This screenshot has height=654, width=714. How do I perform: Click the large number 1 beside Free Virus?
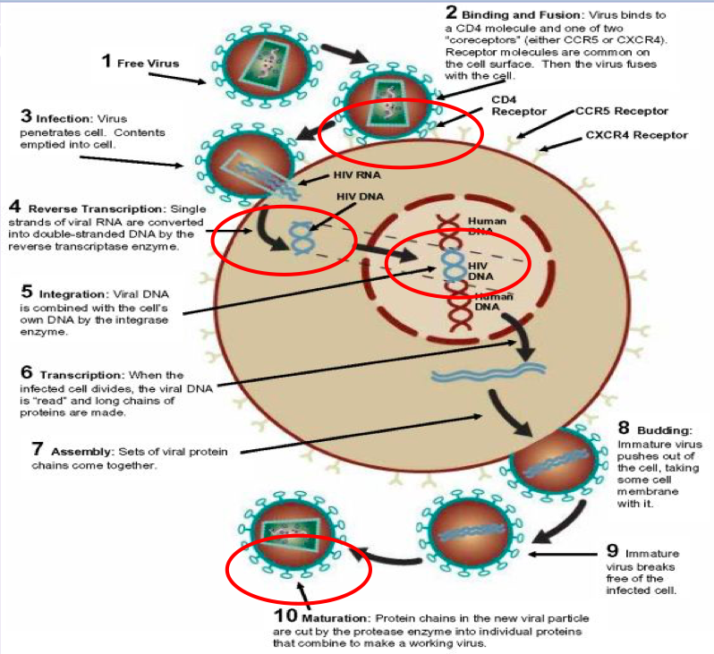(106, 61)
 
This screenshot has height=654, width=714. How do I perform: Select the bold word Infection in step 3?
(58, 117)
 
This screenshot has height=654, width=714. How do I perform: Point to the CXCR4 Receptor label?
(636, 135)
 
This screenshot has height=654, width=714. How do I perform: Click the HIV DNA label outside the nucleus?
(356, 197)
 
